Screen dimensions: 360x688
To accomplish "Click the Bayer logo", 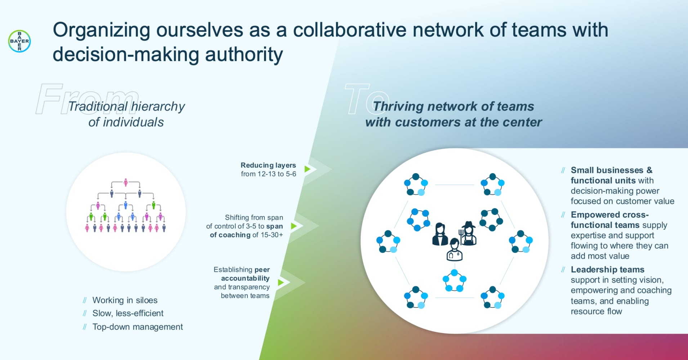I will pyautogui.click(x=19, y=41).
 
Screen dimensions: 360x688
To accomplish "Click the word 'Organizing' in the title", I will pyautogui.click(x=101, y=30).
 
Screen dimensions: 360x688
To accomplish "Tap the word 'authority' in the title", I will pyautogui.click(x=244, y=55).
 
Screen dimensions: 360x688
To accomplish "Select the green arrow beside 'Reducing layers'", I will pyautogui.click(x=307, y=169).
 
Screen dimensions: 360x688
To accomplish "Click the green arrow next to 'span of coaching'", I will pyautogui.click(x=294, y=226).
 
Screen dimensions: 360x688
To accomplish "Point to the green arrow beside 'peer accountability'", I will pyautogui.click(x=281, y=283).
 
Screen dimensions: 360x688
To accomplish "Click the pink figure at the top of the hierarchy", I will pyautogui.click(x=126, y=182).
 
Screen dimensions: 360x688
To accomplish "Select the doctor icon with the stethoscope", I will pyautogui.click(x=454, y=250).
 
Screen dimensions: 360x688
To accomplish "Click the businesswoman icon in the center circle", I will pyautogui.click(x=440, y=234).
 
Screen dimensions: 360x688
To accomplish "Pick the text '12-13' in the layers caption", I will pyautogui.click(x=266, y=174).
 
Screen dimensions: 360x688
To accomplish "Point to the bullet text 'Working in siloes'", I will pyautogui.click(x=125, y=300).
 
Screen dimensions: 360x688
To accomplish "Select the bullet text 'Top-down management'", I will pyautogui.click(x=138, y=327).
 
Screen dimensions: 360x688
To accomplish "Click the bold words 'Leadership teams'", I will pyautogui.click(x=607, y=270).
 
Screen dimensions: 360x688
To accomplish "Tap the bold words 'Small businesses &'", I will pyautogui.click(x=611, y=170).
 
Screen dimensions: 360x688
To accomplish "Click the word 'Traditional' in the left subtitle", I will pyautogui.click(x=98, y=107).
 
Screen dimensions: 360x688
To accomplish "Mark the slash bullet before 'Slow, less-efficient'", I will pyautogui.click(x=85, y=314).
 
